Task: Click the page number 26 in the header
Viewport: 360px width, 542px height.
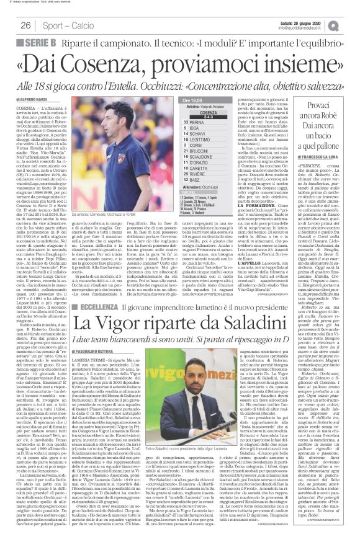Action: (x=26, y=25)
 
